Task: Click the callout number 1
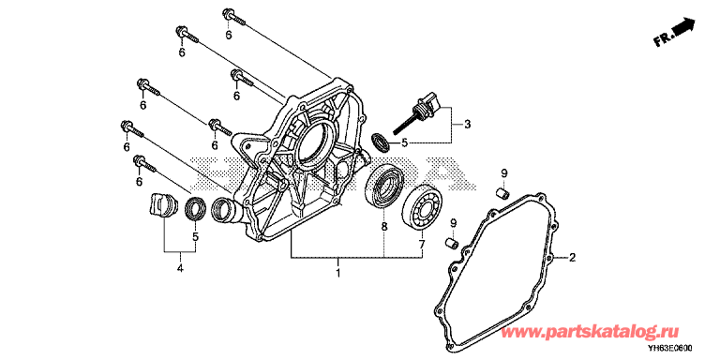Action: tap(337, 274)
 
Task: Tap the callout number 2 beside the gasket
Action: tap(572, 258)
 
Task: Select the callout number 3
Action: tap(468, 124)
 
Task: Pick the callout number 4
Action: tap(180, 268)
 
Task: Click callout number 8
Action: tap(383, 227)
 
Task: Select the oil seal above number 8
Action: tap(384, 187)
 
